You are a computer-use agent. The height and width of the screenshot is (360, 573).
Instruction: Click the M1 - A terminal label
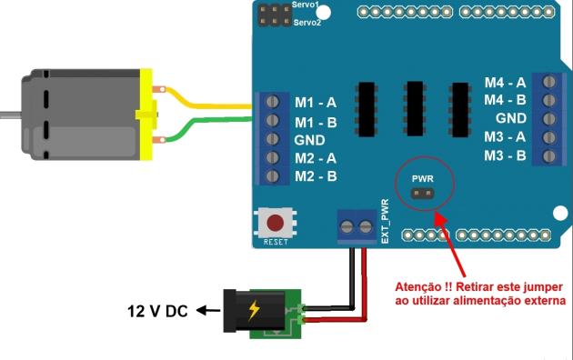(316, 101)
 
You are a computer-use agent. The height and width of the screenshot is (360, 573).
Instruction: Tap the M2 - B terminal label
(316, 175)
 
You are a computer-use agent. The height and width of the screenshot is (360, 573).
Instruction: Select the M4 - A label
(505, 82)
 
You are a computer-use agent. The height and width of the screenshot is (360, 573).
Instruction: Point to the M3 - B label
(505, 155)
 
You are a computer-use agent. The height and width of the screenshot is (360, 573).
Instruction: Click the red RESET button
(275, 221)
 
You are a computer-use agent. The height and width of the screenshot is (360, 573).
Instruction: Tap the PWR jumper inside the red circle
(423, 193)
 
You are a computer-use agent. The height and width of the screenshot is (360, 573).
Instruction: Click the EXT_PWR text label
(385, 222)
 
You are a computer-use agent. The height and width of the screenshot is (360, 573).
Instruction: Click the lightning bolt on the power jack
(254, 311)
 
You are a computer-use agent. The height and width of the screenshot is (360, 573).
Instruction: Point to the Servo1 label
(307, 5)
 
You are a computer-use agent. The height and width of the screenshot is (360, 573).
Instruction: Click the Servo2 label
(307, 21)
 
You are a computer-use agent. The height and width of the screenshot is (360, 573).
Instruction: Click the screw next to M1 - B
(272, 120)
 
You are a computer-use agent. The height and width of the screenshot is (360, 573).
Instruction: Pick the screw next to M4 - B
(549, 100)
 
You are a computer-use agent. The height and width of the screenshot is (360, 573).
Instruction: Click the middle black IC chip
(416, 107)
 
